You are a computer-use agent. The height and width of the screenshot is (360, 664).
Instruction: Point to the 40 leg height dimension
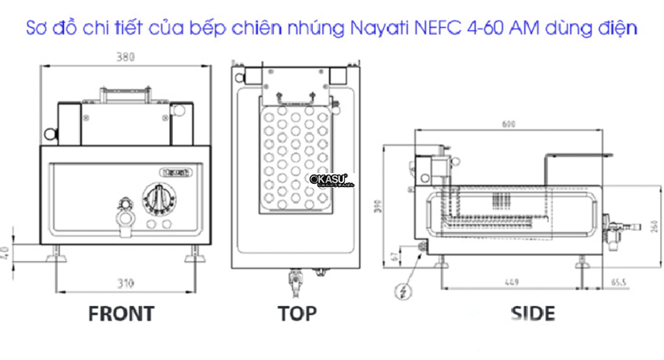[x=8, y=253]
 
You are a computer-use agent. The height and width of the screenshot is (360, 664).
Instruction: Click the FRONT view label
[x=121, y=313]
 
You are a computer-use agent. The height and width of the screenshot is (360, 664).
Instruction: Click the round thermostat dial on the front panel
[x=159, y=198]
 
